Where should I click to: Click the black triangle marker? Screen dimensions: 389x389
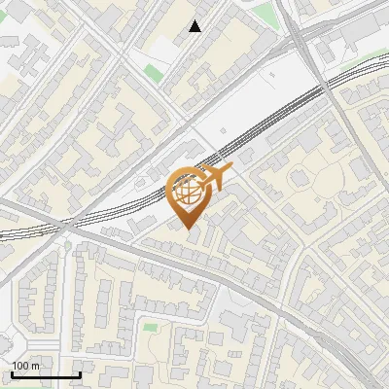pos(195,26)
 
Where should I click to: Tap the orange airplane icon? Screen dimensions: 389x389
pos(214,178)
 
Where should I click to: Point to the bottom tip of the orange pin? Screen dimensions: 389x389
pos(187,228)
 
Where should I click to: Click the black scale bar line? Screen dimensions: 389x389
pos(46,375)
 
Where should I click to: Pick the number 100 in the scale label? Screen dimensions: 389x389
pos(20,366)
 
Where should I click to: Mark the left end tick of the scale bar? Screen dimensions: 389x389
pos(12,374)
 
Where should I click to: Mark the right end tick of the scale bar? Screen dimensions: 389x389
pos(80,374)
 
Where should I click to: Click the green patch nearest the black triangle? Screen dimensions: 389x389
pos(154,71)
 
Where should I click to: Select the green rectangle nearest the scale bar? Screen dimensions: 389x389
pos(151,327)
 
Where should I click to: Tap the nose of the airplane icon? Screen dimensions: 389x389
pos(230,170)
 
